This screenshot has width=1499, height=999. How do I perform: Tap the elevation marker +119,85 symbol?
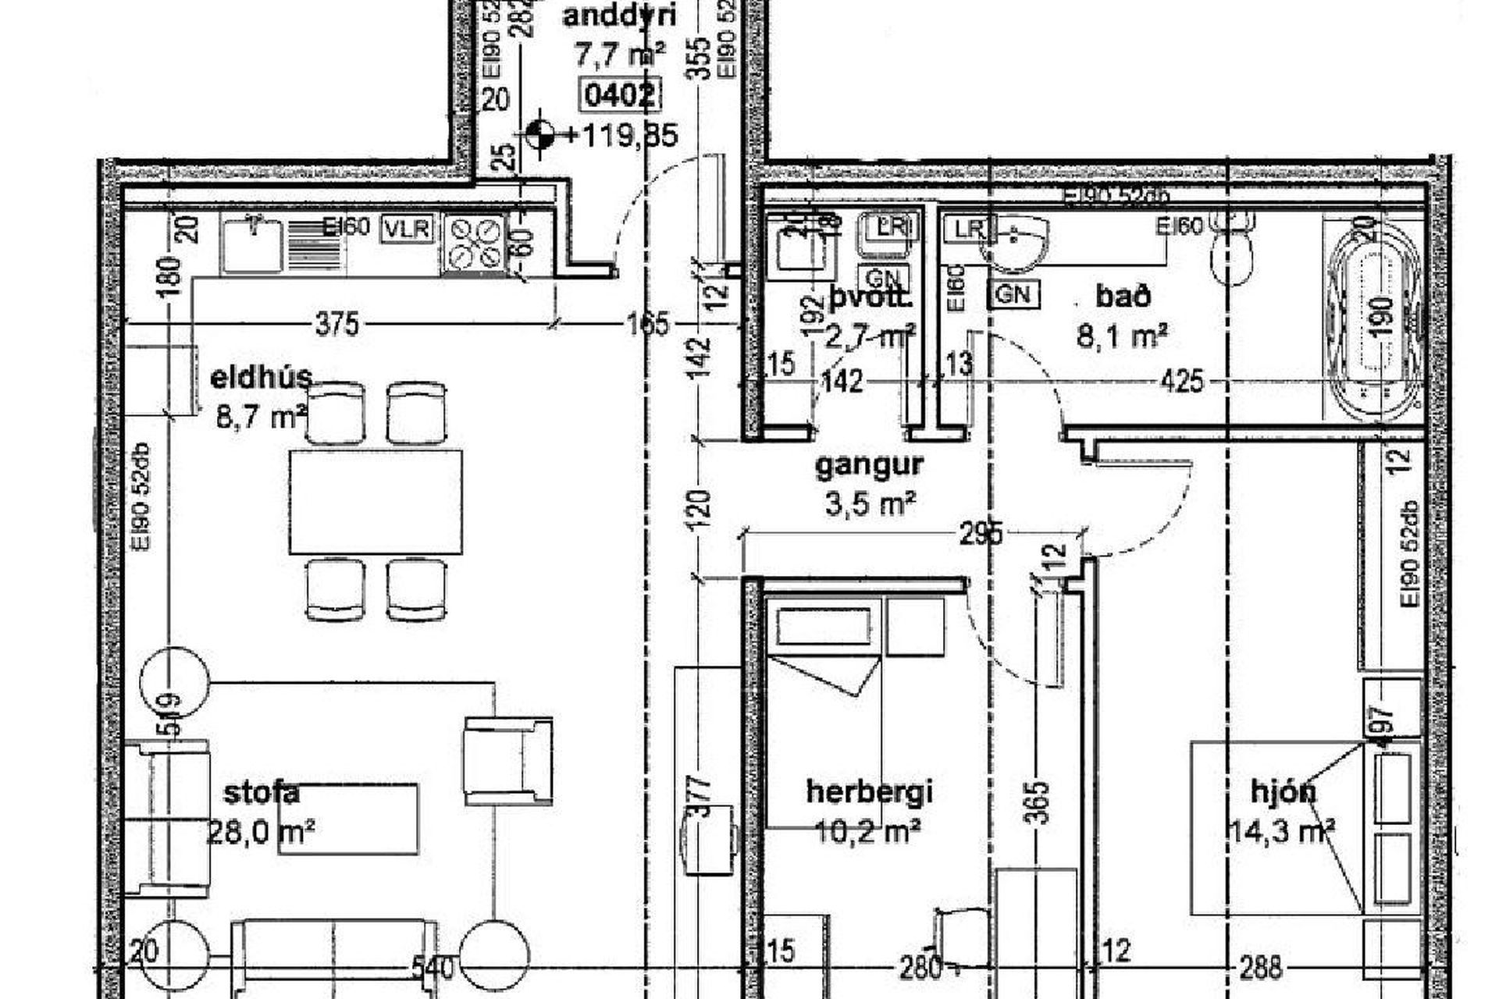click(x=539, y=135)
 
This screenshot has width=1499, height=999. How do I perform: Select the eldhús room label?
click(x=262, y=378)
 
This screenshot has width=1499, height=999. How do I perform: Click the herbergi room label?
click(x=869, y=792)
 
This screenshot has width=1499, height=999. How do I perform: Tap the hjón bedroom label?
click(x=1283, y=792)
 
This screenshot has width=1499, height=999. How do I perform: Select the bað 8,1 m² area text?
click(x=1122, y=337)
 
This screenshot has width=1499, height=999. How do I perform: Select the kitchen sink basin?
click(x=252, y=245)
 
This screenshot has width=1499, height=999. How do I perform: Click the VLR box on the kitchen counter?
click(x=408, y=229)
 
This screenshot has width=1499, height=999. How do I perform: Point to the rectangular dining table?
click(x=376, y=502)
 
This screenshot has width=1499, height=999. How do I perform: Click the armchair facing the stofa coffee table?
click(x=507, y=761)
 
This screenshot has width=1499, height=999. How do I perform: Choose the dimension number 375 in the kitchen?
click(x=336, y=323)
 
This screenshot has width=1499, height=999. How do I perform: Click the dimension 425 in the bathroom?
click(x=1182, y=382)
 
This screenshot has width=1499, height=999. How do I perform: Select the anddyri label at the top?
click(x=619, y=16)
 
